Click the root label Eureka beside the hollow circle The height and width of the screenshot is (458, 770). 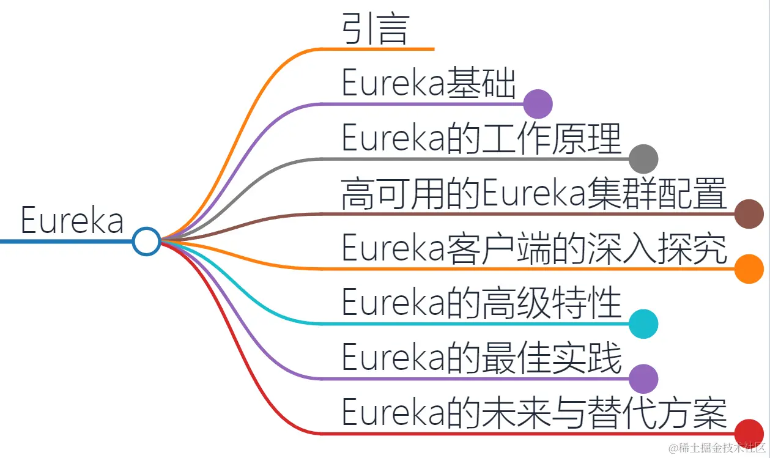[x=72, y=220]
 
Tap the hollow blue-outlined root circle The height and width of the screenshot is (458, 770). [x=147, y=241]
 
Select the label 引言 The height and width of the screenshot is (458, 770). [x=375, y=28]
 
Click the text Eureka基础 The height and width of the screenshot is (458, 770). [x=428, y=84]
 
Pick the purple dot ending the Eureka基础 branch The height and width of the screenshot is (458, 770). [x=538, y=103]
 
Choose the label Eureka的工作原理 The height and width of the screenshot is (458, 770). [x=481, y=139]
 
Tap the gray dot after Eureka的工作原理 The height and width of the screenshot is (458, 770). [x=643, y=159]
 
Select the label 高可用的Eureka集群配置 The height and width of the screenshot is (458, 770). [x=534, y=193]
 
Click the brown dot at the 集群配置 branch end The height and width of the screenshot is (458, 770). [x=749, y=214]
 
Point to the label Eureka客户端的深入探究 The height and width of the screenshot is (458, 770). [x=534, y=248]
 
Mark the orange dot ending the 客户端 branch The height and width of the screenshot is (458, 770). [x=749, y=269]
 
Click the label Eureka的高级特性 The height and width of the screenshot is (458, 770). [x=481, y=303]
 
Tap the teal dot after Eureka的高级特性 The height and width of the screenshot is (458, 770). [x=643, y=323]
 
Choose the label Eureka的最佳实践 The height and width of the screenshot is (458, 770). [x=481, y=358]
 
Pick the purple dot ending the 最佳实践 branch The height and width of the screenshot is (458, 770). [x=643, y=379]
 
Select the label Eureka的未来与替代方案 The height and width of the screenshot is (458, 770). [x=534, y=413]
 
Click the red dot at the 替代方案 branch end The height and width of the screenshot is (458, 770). [x=749, y=433]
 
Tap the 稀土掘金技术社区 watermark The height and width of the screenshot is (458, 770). [x=716, y=448]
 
